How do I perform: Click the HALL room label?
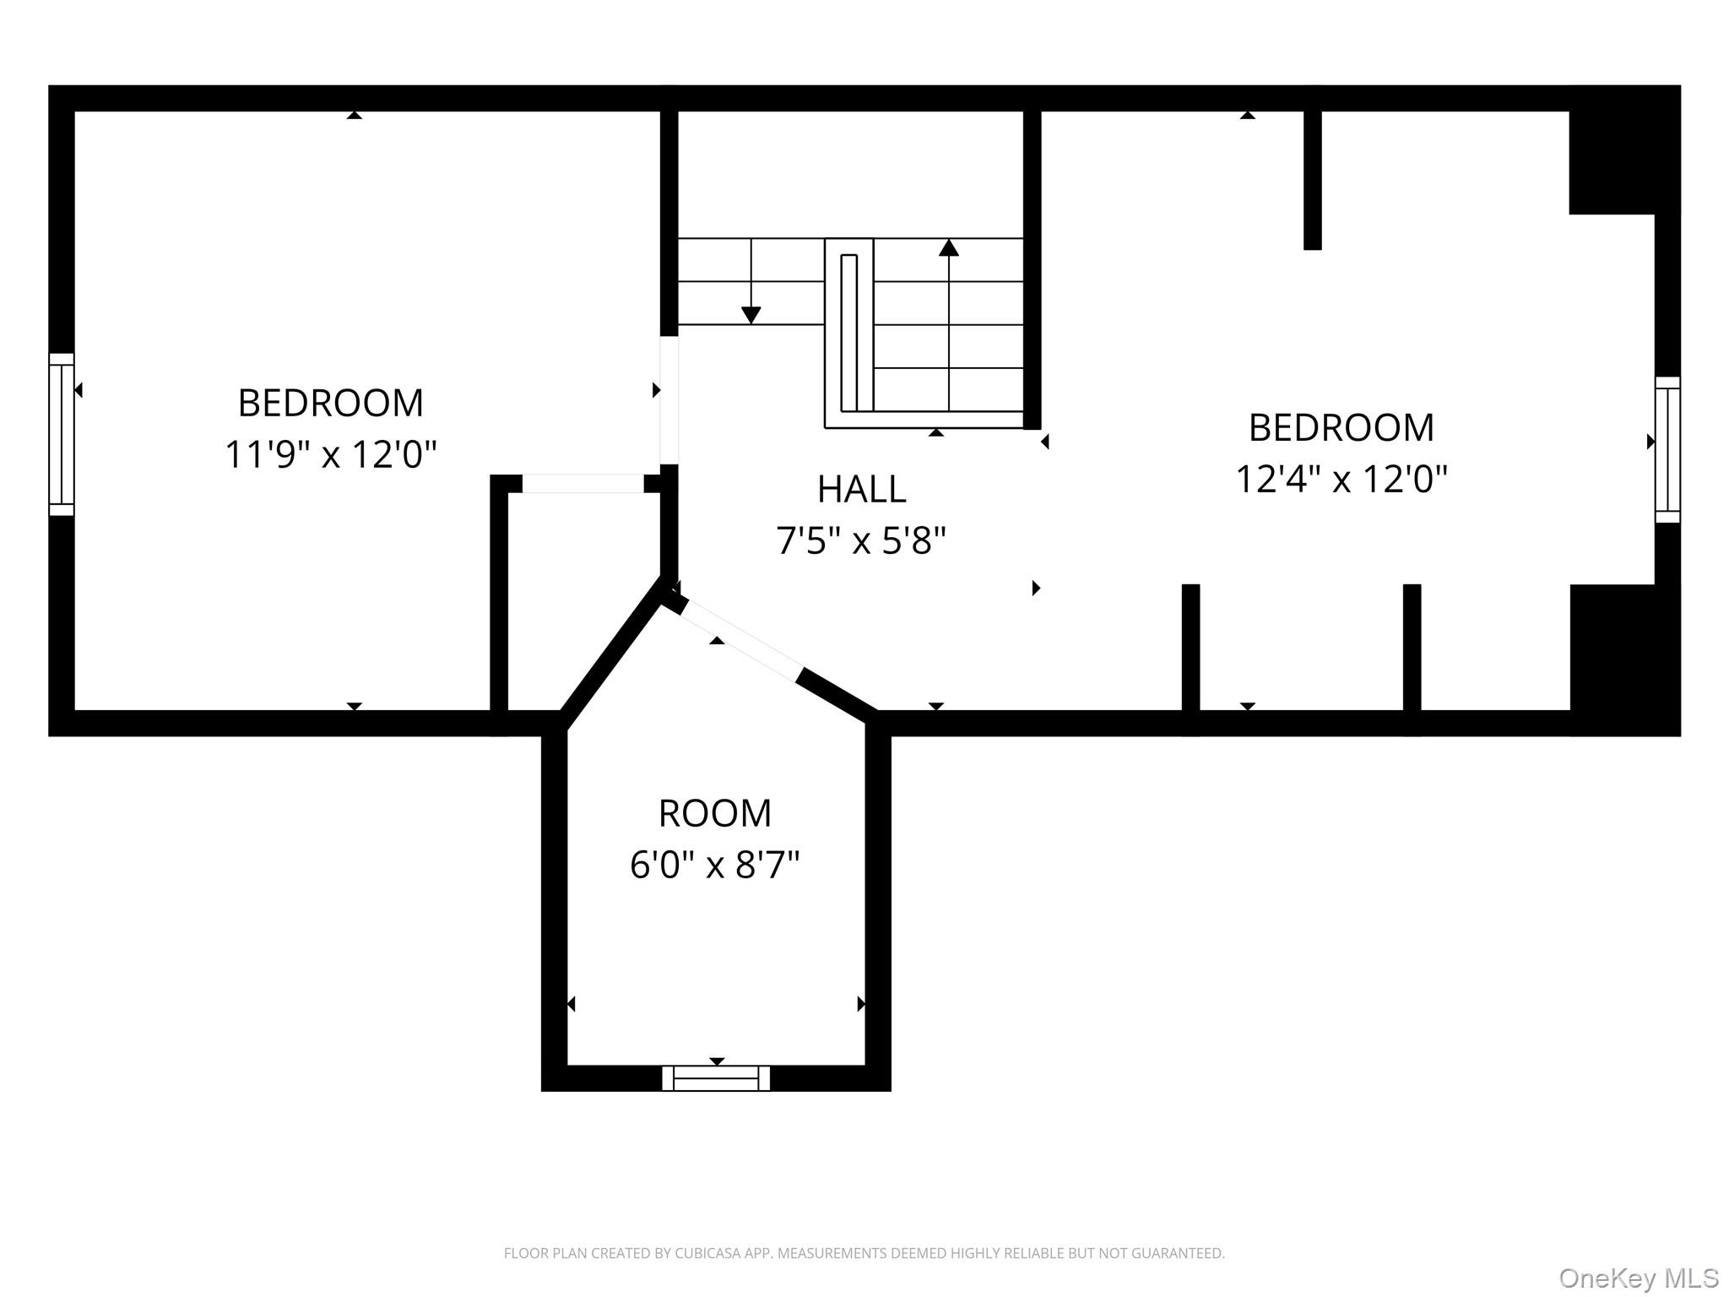pos(861,489)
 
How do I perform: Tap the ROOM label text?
pos(715,813)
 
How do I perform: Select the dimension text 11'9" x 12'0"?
pos(330,454)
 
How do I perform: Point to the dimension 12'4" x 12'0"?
pos(1341,479)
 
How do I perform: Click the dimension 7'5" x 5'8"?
pos(861,540)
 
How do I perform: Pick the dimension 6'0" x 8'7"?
pos(715,865)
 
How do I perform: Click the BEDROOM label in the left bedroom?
pos(330,403)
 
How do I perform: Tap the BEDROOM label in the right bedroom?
pos(1341,427)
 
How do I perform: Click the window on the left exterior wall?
pos(62,434)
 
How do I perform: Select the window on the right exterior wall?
pos(1667,449)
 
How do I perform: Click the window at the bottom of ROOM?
pos(716,1078)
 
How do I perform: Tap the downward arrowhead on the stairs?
pos(751,315)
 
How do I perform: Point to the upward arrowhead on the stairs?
pos(949,247)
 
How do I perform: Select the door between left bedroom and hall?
pos(669,400)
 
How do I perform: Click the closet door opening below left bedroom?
pos(583,484)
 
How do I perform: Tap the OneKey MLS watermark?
pos(1638,1278)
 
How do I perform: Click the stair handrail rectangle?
pos(849,332)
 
